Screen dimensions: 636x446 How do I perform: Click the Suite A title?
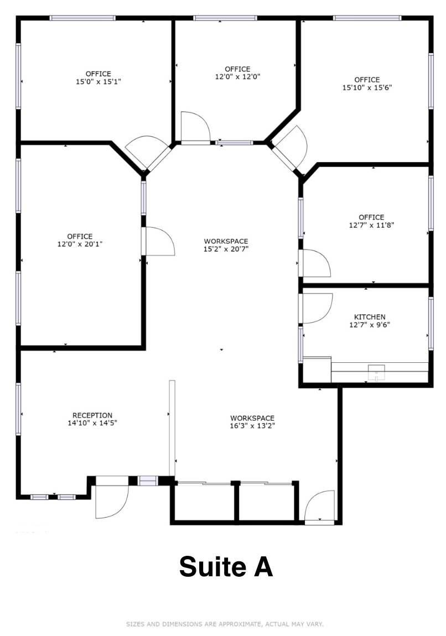[226, 567]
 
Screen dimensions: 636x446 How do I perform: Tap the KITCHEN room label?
[370, 317]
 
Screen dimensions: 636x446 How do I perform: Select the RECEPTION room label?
[92, 415]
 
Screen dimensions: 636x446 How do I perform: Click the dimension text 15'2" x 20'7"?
[226, 249]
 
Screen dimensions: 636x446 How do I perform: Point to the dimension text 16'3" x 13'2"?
[252, 426]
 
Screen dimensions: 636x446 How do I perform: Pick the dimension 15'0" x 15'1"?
[98, 82]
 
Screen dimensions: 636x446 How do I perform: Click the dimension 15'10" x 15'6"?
[367, 87]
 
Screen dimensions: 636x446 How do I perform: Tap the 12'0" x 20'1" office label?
[80, 244]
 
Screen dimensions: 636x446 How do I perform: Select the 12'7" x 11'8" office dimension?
[371, 225]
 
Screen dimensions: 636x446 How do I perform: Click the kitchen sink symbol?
[377, 373]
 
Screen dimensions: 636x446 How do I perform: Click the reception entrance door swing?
[111, 502]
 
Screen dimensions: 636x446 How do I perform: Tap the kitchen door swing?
[315, 307]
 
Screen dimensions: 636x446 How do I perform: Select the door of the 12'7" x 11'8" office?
[315, 263]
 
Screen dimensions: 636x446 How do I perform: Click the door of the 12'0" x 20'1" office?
[159, 242]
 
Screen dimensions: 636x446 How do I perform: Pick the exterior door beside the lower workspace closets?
[320, 506]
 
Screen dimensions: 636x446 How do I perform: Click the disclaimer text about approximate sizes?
[225, 624]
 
